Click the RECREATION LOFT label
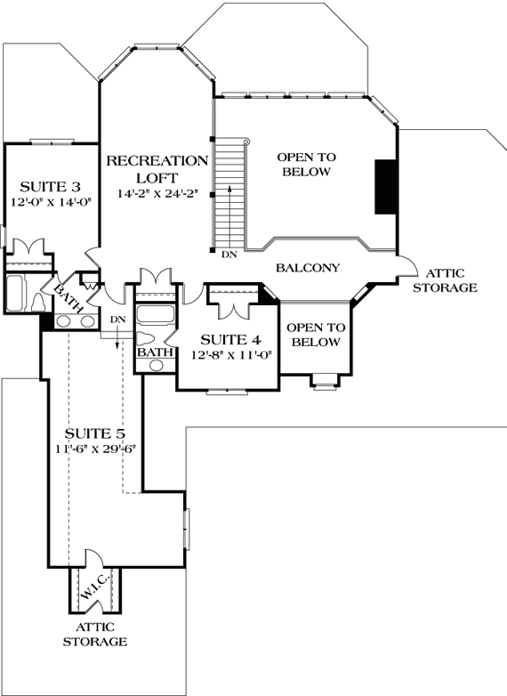click(x=157, y=168)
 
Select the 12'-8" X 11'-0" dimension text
click(x=231, y=354)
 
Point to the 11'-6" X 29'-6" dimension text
click(x=93, y=449)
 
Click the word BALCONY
click(x=308, y=268)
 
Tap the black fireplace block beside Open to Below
click(x=384, y=186)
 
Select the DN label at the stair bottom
click(x=229, y=255)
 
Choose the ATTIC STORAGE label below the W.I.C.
click(x=95, y=634)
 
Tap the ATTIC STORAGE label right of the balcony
click(x=451, y=280)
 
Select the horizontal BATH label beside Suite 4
click(x=155, y=352)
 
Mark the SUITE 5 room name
click(x=93, y=433)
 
